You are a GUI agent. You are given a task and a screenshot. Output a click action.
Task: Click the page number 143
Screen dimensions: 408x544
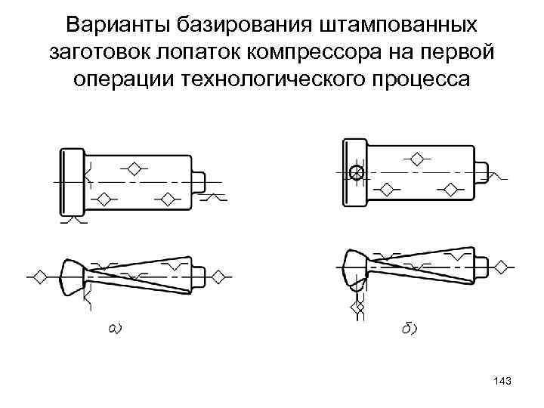(x=501, y=383)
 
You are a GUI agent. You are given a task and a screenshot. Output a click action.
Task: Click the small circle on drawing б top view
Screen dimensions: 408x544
(x=357, y=173)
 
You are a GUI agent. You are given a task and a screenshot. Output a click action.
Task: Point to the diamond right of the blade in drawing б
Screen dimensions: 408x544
(x=500, y=268)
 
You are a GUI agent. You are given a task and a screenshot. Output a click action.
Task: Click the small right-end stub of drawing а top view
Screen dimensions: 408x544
(x=199, y=181)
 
